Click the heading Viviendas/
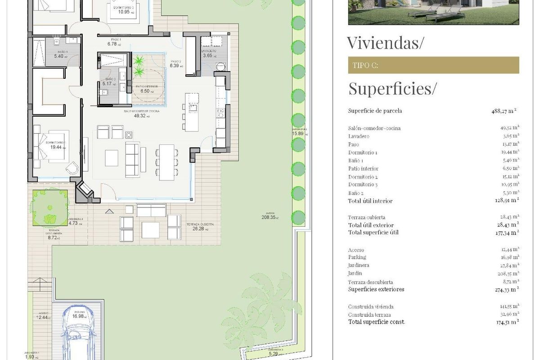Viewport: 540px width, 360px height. (386, 43)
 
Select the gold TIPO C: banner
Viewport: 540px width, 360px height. (433, 65)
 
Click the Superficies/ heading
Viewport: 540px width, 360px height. (392, 89)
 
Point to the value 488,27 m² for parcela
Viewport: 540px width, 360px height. (504, 111)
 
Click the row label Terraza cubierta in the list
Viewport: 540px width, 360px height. (366, 217)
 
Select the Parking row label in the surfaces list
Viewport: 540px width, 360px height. (357, 257)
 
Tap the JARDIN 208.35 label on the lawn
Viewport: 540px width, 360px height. (270, 216)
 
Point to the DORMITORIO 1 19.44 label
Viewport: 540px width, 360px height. (56, 145)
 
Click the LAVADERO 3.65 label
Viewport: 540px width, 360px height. (209, 54)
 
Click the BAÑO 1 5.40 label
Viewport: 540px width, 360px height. (60, 54)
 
